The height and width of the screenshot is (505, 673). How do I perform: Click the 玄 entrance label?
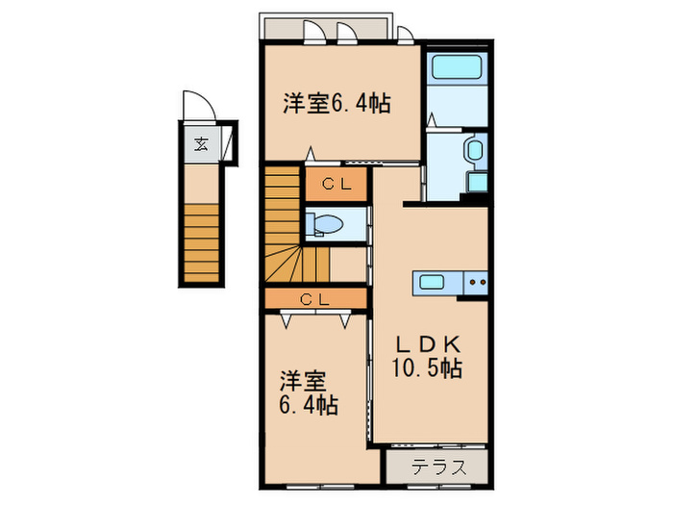point(201,145)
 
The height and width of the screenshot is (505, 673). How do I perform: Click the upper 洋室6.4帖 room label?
point(336,104)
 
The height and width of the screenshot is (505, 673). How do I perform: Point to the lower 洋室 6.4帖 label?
point(309,393)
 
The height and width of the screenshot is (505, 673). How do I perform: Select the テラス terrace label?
point(440,468)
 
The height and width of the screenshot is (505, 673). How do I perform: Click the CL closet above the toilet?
point(336,184)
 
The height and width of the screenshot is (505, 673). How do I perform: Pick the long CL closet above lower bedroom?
point(315,299)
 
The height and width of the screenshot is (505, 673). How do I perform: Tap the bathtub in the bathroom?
point(457,69)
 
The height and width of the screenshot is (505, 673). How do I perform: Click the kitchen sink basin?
point(430,283)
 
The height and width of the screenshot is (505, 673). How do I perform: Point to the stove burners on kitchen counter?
point(477,283)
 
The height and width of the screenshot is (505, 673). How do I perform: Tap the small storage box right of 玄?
point(230,145)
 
